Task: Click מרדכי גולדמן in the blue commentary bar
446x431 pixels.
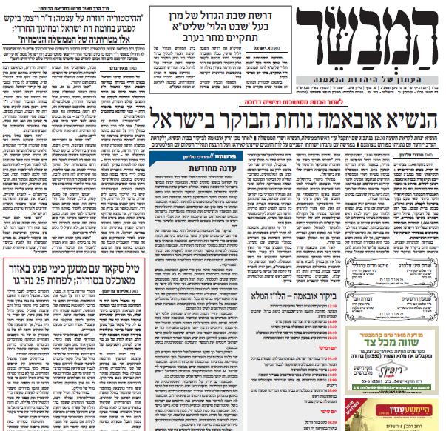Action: [183, 158]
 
